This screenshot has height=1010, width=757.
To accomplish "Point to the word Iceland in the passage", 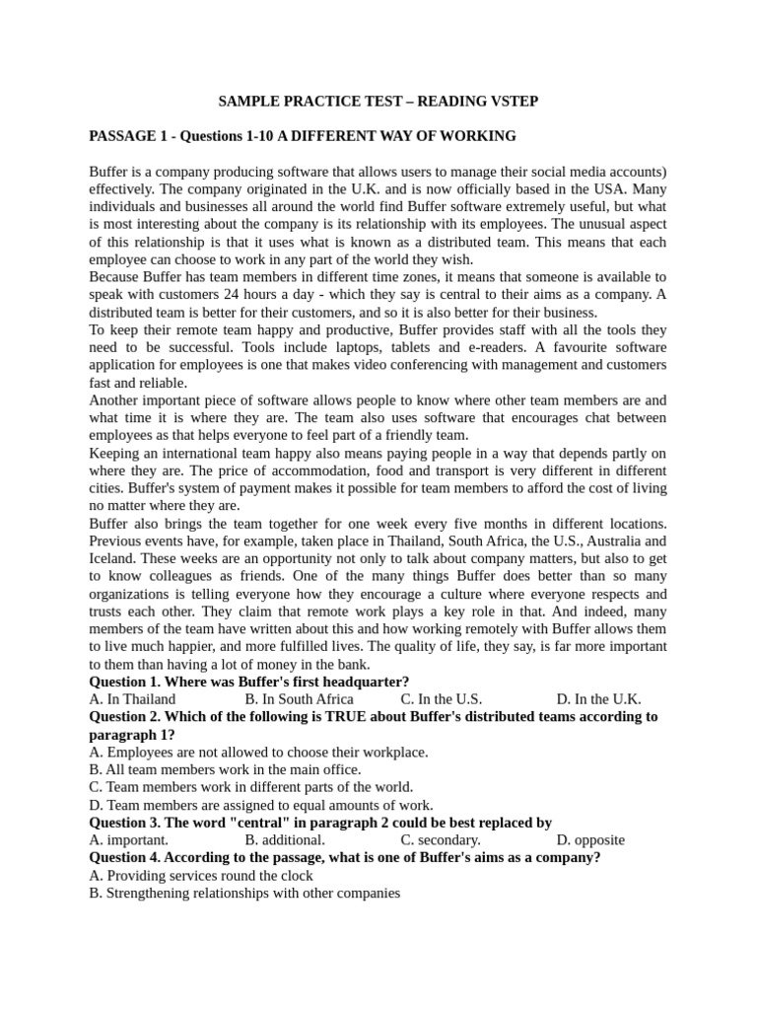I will pyautogui.click(x=111, y=558).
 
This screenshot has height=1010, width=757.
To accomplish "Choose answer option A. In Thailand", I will pyautogui.click(x=132, y=699).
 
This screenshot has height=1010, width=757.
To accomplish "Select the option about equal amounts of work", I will pyautogui.click(x=260, y=805).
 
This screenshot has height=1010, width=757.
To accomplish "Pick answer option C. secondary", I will pyautogui.click(x=441, y=840).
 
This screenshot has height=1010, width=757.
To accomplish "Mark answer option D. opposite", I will pyautogui.click(x=590, y=840).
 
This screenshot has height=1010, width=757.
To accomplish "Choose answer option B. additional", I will pyautogui.click(x=285, y=840).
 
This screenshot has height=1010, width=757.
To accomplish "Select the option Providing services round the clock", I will pyautogui.click(x=201, y=876).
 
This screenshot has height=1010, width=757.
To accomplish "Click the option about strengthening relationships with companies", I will pyautogui.click(x=244, y=894).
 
